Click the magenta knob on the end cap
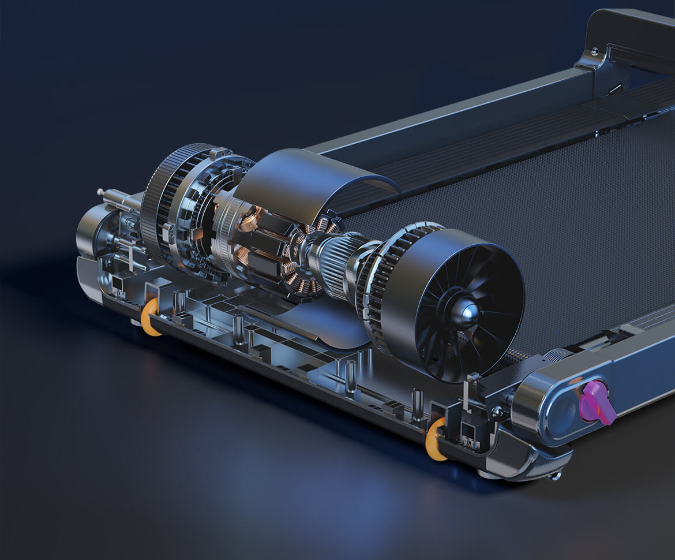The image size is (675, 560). click(597, 402)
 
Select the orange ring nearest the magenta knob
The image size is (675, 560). click(434, 440)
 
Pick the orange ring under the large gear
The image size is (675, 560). click(151, 317)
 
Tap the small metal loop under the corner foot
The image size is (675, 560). click(555, 476)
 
